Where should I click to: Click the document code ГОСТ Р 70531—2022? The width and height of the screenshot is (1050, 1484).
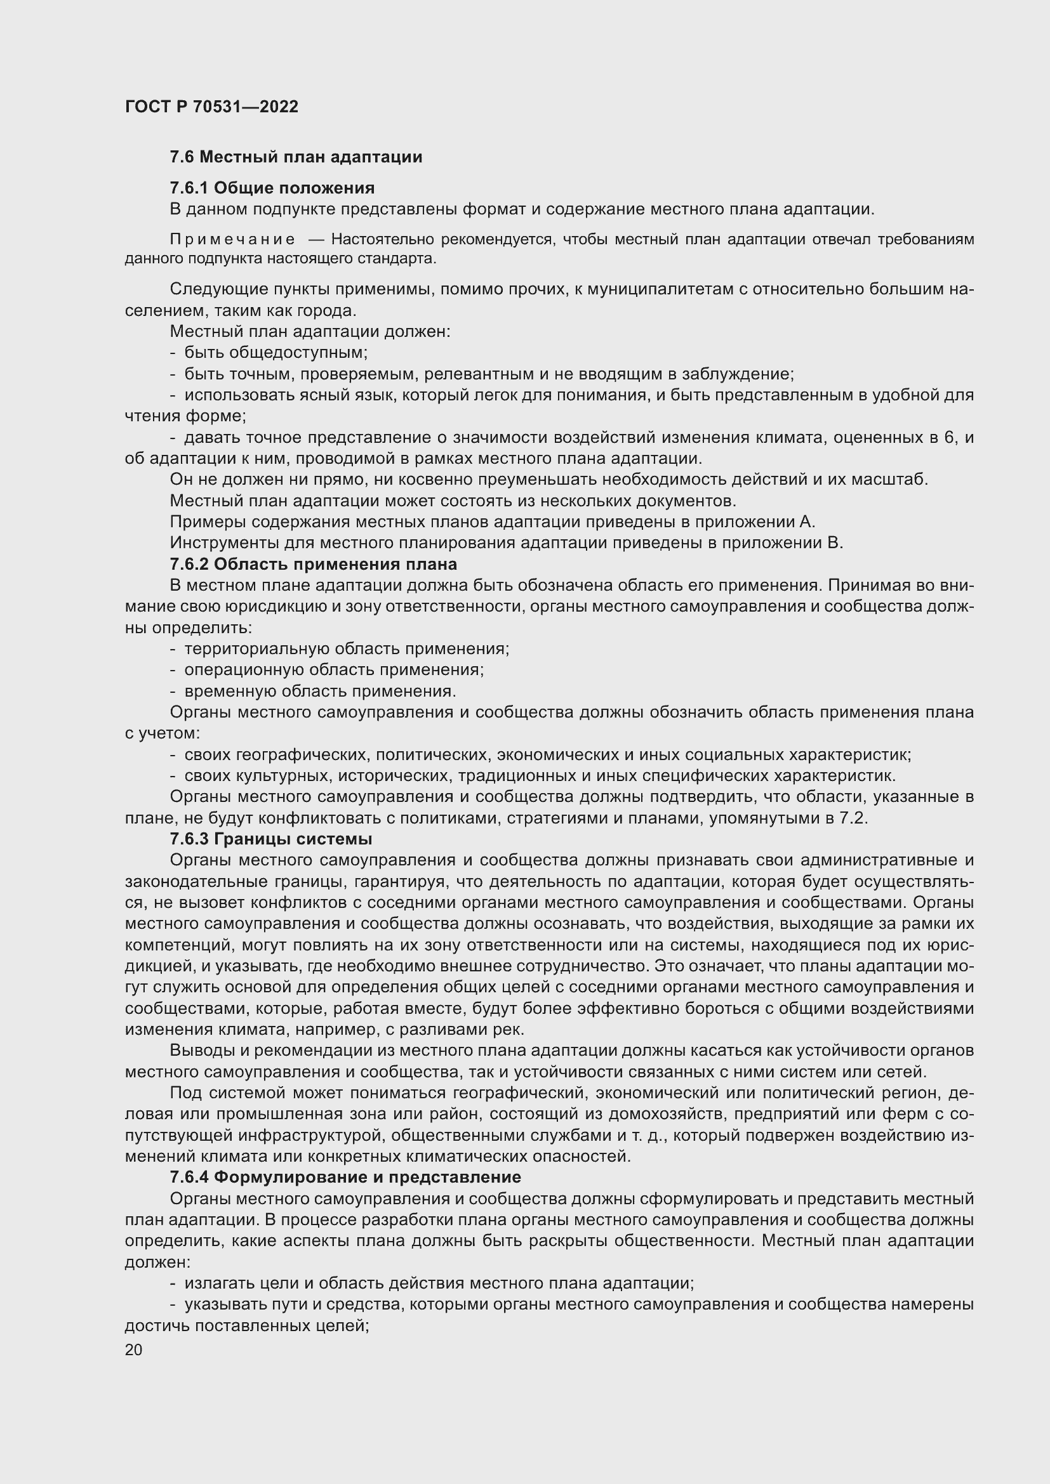[211, 107]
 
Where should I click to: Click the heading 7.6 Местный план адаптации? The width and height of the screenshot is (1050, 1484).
[295, 157]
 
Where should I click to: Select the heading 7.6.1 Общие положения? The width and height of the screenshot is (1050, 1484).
[272, 188]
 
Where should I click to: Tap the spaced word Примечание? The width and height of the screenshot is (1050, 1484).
[232, 240]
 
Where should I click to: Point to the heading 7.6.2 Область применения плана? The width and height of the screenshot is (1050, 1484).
[313, 564]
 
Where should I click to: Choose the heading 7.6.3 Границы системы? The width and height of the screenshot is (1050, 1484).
[270, 839]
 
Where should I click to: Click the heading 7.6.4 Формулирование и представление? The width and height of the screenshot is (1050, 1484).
[345, 1176]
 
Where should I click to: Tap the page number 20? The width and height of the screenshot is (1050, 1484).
[134, 1349]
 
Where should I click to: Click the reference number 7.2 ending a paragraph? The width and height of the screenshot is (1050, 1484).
[851, 818]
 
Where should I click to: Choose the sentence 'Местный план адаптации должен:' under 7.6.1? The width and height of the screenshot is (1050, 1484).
[310, 332]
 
